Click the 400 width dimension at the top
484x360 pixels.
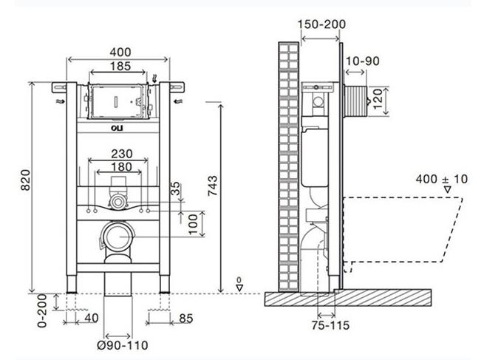120,52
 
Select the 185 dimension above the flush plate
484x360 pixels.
120,66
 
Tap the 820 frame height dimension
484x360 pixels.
26,180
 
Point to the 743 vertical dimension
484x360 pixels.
212,186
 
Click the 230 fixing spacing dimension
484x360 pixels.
122,154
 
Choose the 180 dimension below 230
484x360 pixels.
122,167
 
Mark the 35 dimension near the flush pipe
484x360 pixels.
175,188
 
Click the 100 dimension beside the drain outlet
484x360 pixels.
193,225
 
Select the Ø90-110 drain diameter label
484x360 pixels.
123,345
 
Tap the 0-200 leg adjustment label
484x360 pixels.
42,310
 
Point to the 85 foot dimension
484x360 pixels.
185,319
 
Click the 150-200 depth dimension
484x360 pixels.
321,24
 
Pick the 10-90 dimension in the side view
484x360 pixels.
362,61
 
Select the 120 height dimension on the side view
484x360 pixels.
378,98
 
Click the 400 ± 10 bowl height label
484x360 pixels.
441,179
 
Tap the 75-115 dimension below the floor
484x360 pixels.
330,325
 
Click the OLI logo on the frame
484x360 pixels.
117,128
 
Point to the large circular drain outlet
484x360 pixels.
117,237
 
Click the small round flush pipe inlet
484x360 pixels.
117,203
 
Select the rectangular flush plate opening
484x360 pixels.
117,101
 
